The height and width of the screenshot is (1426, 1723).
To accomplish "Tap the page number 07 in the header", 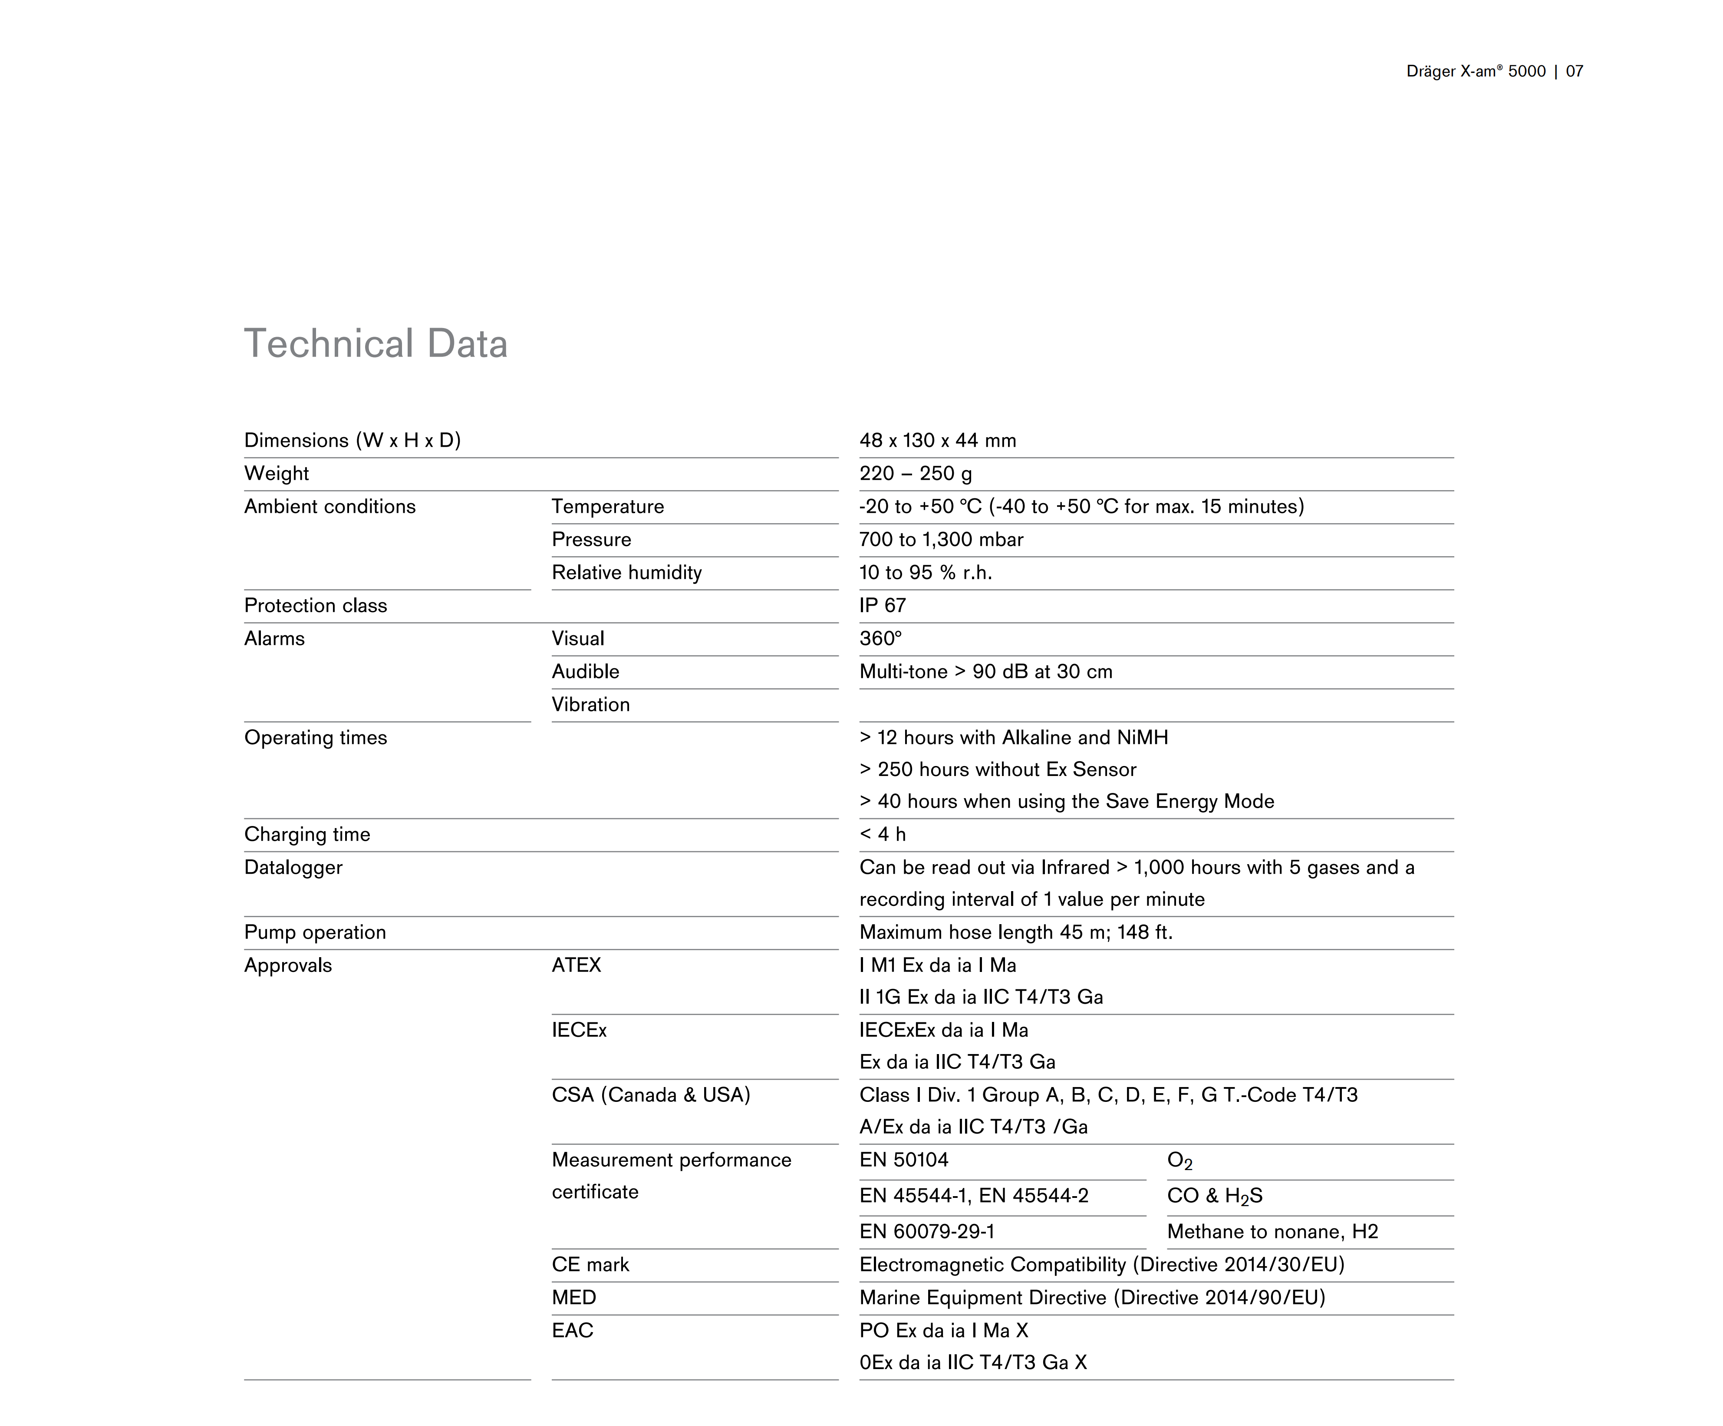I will coord(1574,71).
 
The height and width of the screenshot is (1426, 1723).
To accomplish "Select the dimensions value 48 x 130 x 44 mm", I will coord(937,441).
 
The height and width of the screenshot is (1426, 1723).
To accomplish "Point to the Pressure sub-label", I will coord(591,539).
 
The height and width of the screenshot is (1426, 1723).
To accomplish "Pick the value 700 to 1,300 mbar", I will coord(941,539).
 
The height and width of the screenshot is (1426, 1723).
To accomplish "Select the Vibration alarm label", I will coord(590,704).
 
